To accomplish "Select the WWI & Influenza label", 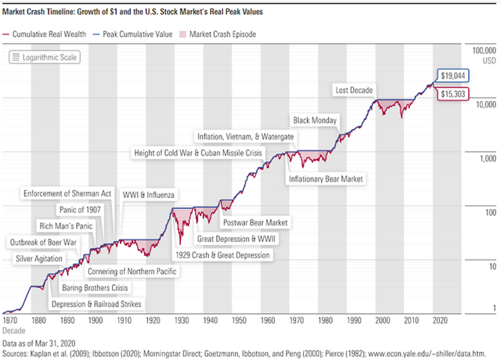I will [149, 193].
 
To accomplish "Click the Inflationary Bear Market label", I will [327, 179].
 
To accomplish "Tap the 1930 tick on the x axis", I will [181, 320].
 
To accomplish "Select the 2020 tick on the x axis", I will [440, 320].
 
